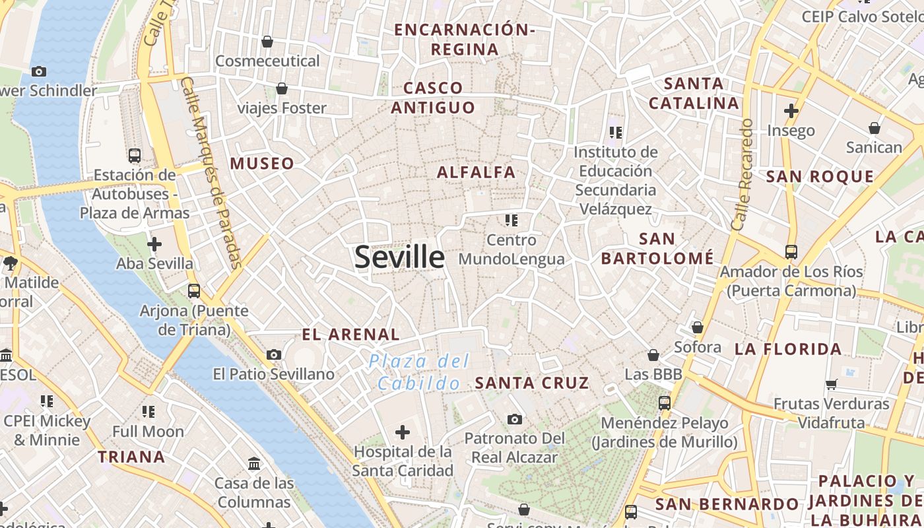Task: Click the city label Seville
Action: coord(399,257)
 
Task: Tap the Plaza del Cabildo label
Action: coord(419,372)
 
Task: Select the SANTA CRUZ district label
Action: coord(531,383)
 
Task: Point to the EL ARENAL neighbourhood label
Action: coord(350,335)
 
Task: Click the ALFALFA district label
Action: coord(476,172)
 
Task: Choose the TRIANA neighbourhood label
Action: coord(131,457)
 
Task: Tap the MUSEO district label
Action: coord(262,163)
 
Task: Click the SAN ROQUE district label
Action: coord(820,176)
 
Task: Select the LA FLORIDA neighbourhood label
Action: coord(788,349)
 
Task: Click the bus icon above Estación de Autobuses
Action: coord(135,156)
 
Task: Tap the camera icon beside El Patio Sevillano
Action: coord(274,355)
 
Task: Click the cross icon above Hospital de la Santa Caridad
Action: coord(402,432)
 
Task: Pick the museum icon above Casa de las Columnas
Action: coord(254,463)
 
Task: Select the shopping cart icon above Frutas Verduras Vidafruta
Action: coord(831,384)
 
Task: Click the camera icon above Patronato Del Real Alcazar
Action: coord(515,419)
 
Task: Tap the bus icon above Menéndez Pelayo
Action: coord(665,403)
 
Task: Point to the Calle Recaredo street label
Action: coord(742,174)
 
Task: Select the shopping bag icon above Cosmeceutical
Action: coord(267,42)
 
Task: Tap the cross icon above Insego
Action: coord(791,110)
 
